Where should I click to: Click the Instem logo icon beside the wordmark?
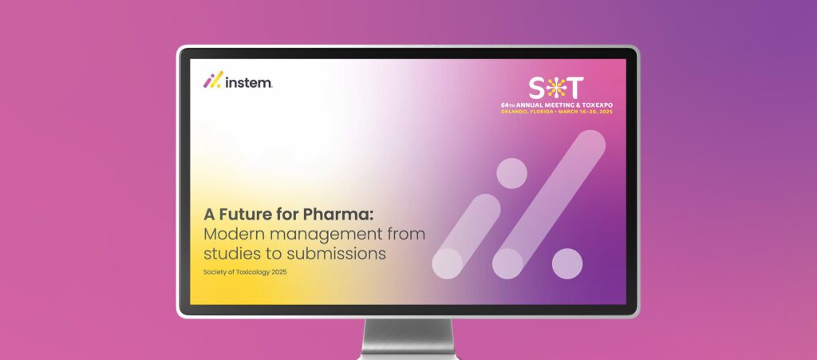click(212, 80)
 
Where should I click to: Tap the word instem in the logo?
click(248, 81)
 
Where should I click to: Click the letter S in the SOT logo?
click(538, 87)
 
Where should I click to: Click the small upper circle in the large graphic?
click(511, 173)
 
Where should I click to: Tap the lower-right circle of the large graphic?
click(567, 263)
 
